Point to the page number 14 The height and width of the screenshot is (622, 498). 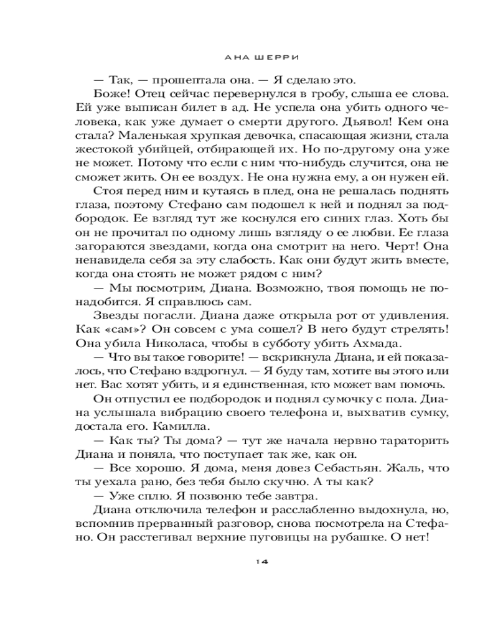click(x=261, y=561)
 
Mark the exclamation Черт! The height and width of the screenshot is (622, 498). click(x=395, y=228)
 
